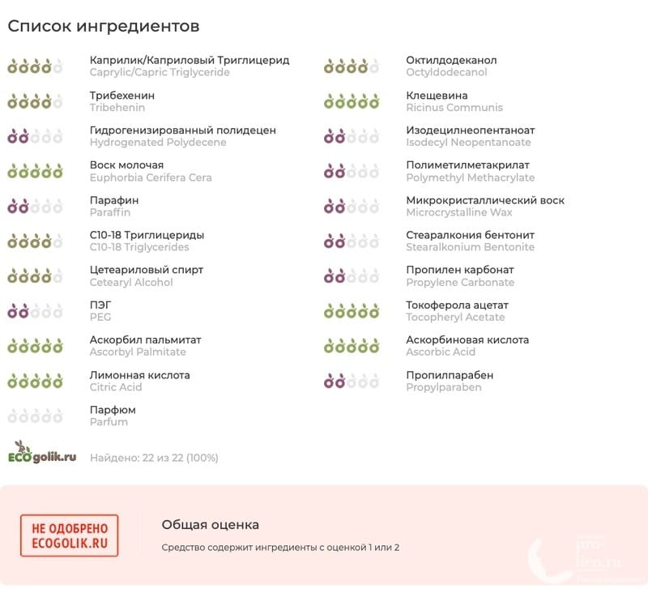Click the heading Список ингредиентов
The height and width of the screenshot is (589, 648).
pos(104,26)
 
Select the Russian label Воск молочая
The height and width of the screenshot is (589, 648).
pos(126,165)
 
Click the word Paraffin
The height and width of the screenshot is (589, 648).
pos(109,212)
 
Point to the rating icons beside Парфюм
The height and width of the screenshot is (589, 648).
pos(35,416)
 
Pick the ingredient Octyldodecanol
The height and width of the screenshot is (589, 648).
pos(446,73)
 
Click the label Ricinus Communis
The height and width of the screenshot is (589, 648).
pos(454,108)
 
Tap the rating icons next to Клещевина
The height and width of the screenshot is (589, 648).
pos(352,102)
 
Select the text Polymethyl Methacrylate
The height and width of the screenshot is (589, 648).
pos(470,177)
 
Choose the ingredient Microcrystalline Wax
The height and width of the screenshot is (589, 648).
pos(458,212)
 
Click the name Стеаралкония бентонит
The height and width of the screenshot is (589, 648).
pos(470,235)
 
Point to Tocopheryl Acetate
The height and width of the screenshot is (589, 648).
pos(455,317)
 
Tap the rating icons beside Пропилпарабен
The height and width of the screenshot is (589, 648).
pos(352,381)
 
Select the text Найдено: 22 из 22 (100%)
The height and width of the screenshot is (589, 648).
pos(154,458)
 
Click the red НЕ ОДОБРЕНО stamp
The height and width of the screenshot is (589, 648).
pos(69,536)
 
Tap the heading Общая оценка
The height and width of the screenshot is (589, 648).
pos(210,525)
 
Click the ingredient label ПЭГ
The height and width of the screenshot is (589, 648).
pos(100,305)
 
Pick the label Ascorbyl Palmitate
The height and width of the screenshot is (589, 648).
pos(138,352)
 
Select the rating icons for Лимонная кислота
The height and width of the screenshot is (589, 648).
pos(35,381)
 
